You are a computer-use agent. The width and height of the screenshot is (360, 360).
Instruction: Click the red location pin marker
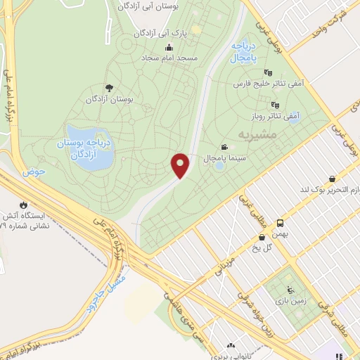pos(181,165)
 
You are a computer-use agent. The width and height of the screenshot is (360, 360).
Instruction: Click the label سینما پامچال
pos(222,159)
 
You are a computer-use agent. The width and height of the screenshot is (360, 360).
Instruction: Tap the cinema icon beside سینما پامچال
pos(224,147)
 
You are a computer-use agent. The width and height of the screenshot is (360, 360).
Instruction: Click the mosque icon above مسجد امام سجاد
pos(169,47)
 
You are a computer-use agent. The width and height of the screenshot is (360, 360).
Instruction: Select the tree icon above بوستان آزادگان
pos(108,88)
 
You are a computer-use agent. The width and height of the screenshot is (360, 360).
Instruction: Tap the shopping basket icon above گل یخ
pos(262,237)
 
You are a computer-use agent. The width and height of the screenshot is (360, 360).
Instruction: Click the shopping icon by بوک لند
pos(330,178)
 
